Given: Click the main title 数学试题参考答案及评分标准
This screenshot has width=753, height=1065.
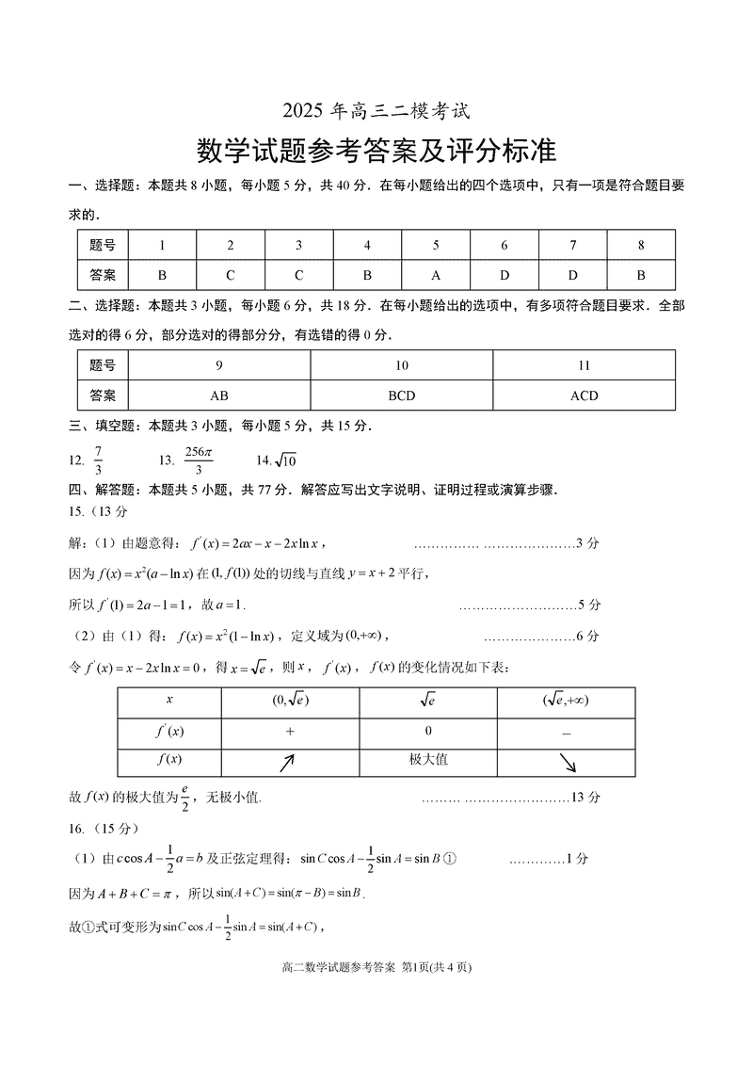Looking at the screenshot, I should click(376, 151).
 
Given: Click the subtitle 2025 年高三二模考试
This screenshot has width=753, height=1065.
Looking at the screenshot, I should click(376, 110).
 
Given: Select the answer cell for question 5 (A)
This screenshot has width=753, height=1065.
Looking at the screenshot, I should click(436, 275).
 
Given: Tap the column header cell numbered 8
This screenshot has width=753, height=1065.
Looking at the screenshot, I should click(641, 245).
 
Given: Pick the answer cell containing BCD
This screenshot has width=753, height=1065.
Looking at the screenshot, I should click(402, 395).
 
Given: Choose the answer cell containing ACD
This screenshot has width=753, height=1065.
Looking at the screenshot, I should click(584, 395).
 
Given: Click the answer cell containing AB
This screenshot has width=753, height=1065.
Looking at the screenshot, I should click(219, 395).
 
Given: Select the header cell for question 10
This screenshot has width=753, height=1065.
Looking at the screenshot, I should click(402, 365).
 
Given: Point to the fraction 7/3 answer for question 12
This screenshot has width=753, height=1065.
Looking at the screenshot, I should click(97, 460).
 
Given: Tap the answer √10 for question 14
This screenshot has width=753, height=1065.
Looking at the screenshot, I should click(283, 460).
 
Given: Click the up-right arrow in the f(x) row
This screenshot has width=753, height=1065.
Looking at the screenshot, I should click(288, 762).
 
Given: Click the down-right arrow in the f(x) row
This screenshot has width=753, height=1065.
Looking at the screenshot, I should click(568, 762).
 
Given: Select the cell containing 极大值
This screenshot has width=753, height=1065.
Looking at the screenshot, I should click(428, 760).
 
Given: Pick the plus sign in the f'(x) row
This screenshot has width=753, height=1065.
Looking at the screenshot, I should click(290, 731).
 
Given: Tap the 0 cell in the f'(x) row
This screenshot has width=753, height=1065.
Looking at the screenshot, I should click(428, 731).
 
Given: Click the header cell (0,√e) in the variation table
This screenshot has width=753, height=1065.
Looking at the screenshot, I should click(290, 701).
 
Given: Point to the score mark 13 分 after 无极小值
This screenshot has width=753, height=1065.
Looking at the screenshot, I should click(585, 798).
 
